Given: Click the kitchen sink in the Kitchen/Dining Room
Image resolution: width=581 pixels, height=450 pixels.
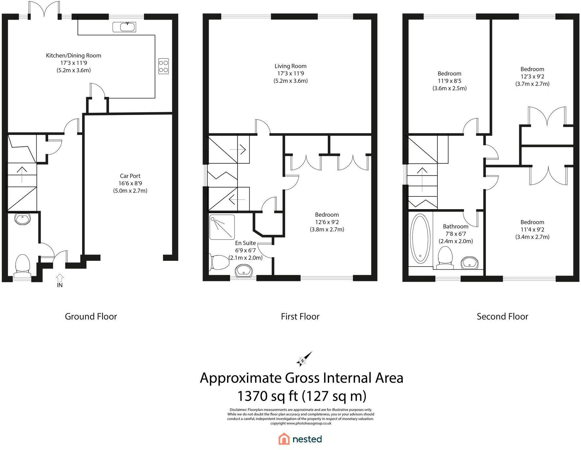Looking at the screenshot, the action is pyautogui.click(x=124, y=27).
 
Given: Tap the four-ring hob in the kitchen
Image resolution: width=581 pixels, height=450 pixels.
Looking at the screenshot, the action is pyautogui.click(x=164, y=66).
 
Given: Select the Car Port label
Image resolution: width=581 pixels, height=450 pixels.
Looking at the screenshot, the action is pyautogui.click(x=130, y=176).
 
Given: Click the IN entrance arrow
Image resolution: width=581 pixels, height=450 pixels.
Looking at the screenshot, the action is pyautogui.click(x=60, y=278).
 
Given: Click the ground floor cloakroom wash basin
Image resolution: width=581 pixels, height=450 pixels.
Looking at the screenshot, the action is pyautogui.click(x=23, y=219).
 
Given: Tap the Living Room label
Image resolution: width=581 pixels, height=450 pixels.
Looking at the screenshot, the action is pyautogui.click(x=290, y=66).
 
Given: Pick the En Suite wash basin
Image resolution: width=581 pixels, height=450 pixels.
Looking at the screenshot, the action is pyautogui.click(x=244, y=270).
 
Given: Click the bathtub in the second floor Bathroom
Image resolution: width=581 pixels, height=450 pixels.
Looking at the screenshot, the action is pyautogui.click(x=421, y=239).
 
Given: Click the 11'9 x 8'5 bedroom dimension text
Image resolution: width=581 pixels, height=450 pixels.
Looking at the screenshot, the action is pyautogui.click(x=449, y=81).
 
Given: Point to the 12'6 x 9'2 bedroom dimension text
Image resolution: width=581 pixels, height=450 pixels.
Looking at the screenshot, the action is pyautogui.click(x=327, y=222).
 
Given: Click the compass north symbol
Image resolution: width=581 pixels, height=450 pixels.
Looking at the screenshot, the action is pyautogui.click(x=304, y=359).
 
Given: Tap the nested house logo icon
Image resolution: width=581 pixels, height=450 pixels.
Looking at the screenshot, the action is pyautogui.click(x=284, y=439).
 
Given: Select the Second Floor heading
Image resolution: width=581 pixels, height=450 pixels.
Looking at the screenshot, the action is pyautogui.click(x=502, y=316).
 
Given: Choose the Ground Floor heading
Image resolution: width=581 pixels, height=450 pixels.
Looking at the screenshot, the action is pyautogui.click(x=91, y=316).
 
